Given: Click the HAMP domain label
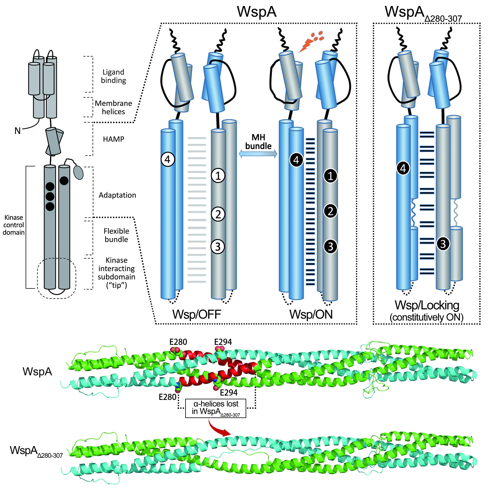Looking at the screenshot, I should pyautogui.click(x=113, y=139).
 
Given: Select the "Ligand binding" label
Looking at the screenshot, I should pyautogui.click(x=113, y=76).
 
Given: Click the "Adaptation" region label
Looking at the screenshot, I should pyautogui.click(x=117, y=195).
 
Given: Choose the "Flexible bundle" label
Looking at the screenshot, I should pyautogui.click(x=116, y=235).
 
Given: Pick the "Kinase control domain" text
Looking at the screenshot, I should pyautogui.click(x=14, y=225).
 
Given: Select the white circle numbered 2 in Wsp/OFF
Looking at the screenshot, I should pyautogui.click(x=218, y=214).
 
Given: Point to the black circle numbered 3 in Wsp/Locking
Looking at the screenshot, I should pyautogui.click(x=443, y=244).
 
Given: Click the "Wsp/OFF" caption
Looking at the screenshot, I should pyautogui.click(x=197, y=314).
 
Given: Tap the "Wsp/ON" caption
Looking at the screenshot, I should pyautogui.click(x=311, y=314).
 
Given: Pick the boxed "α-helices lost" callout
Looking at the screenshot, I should pyautogui.click(x=216, y=408).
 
